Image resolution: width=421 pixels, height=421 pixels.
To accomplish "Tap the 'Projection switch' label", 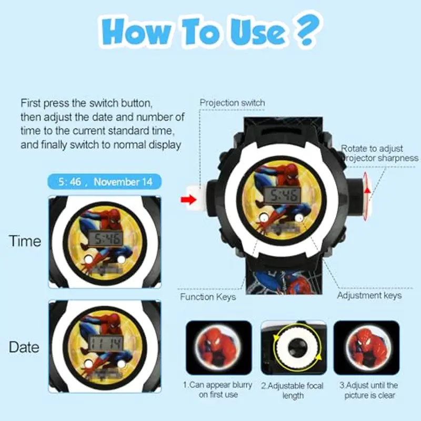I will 232,103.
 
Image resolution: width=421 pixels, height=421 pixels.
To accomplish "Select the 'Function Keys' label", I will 208,297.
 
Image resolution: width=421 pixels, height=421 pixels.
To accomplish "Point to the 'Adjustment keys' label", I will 369,295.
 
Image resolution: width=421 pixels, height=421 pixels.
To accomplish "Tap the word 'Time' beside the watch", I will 25,241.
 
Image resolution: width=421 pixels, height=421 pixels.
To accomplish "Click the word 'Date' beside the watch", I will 24,347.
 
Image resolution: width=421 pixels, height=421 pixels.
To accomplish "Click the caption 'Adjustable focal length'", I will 293,390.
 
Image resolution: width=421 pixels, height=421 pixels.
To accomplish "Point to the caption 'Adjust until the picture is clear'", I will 368,390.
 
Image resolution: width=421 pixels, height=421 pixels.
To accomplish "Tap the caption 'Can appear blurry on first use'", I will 218,390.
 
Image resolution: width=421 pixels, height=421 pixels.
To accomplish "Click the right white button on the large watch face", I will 299,217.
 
